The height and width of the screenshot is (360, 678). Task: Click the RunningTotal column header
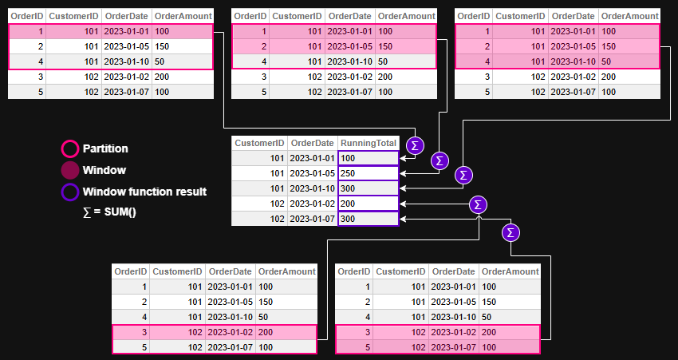(x=368, y=143)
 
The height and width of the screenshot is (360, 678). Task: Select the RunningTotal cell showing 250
(x=368, y=173)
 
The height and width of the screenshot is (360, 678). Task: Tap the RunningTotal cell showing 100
(x=368, y=158)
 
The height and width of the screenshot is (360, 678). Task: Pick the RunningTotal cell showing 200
(x=368, y=204)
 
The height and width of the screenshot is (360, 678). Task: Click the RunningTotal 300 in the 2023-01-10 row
(x=368, y=188)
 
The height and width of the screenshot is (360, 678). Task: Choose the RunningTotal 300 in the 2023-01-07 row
(x=368, y=219)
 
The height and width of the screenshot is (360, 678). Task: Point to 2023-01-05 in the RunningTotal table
(x=312, y=173)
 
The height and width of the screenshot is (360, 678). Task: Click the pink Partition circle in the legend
(x=70, y=148)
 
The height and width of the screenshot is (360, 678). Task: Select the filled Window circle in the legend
(x=70, y=170)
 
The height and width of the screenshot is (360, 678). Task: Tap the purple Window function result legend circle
(x=70, y=192)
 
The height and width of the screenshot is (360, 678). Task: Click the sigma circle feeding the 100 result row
(x=415, y=145)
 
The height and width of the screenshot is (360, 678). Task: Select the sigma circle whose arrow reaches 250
(x=440, y=160)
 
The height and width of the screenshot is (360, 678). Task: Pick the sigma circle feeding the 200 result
(x=478, y=204)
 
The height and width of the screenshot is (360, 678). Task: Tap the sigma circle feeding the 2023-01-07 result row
(x=511, y=232)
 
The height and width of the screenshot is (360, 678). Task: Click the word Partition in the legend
(x=105, y=148)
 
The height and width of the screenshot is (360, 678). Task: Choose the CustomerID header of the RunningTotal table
(x=259, y=143)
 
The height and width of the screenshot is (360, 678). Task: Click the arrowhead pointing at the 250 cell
(x=404, y=173)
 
